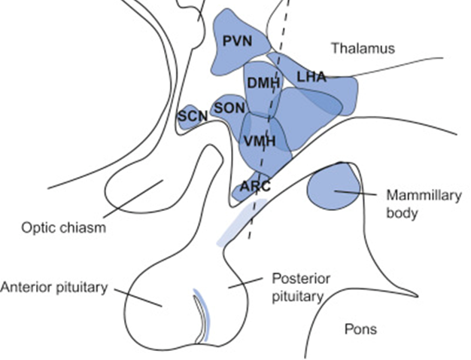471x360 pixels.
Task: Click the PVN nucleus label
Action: click(237, 41)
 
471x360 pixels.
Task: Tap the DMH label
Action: click(263, 83)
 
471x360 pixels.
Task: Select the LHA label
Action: click(311, 77)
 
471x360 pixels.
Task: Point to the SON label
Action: click(229, 108)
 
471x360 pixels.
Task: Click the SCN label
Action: click(193, 116)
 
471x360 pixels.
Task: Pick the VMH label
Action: click(260, 141)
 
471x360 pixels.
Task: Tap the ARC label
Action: click(256, 187)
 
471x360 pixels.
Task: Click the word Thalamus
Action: click(363, 48)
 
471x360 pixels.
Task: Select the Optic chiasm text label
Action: click(64, 227)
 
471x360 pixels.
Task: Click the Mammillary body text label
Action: click(424, 204)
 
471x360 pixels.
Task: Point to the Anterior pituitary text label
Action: click(54, 287)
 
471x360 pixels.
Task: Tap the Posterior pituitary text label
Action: click(301, 288)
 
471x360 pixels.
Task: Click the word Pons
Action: click(360, 329)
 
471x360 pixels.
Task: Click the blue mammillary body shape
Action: click(333, 187)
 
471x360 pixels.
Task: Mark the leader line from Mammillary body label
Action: click(355, 193)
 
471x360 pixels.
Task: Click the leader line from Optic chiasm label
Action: click(133, 199)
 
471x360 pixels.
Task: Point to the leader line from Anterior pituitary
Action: click(138, 298)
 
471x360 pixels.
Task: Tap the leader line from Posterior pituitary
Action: click(245, 283)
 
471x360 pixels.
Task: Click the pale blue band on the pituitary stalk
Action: click(242, 222)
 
